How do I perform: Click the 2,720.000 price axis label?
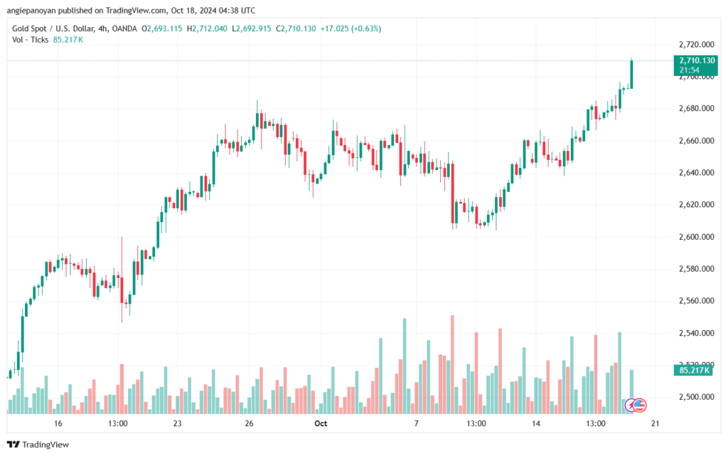pos(697,45)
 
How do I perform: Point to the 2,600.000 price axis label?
pos(697,237)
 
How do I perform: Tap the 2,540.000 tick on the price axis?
pos(697,333)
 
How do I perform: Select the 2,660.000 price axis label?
pos(697,141)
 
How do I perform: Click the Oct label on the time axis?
pos(321,423)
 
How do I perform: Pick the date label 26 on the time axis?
pos(250,423)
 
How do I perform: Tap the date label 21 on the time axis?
pos(655,423)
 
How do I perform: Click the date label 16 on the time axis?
pos(58,423)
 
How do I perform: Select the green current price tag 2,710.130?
pos(695,65)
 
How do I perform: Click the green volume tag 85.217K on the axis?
pos(692,370)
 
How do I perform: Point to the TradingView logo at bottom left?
pos(38,445)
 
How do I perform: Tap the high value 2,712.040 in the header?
pos(210,28)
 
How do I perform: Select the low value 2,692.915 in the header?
pos(254,28)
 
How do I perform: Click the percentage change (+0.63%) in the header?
pos(366,28)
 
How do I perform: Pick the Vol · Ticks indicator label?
pos(30,40)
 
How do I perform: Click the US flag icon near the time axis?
pos(640,405)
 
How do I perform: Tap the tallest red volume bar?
pos(452,364)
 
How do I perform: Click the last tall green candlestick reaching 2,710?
pos(631,74)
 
